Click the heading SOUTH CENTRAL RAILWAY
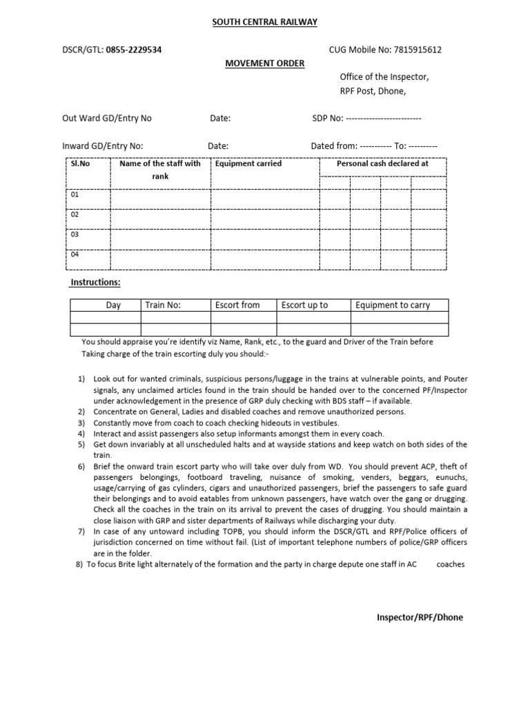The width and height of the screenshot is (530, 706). coord(265,22)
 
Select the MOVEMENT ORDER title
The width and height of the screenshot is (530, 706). coord(265,63)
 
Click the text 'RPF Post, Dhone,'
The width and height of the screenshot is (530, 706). coord(373,91)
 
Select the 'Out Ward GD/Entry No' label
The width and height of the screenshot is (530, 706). coord(107,118)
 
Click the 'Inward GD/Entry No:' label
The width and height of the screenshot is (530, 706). coord(103,146)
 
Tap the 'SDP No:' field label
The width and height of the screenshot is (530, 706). coord(328,118)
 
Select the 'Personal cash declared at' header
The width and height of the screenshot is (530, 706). coord(382,164)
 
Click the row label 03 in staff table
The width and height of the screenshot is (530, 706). coord(75,234)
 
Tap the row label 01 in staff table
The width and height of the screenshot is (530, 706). coord(75,195)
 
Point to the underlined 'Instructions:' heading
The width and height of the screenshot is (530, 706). coord(96,283)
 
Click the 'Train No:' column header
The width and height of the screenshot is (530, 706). coord(163,305)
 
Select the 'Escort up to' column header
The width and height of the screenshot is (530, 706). coord(304,305)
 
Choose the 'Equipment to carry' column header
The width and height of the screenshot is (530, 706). coord(392,305)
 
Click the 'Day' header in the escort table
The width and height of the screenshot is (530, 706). coord(113,305)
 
